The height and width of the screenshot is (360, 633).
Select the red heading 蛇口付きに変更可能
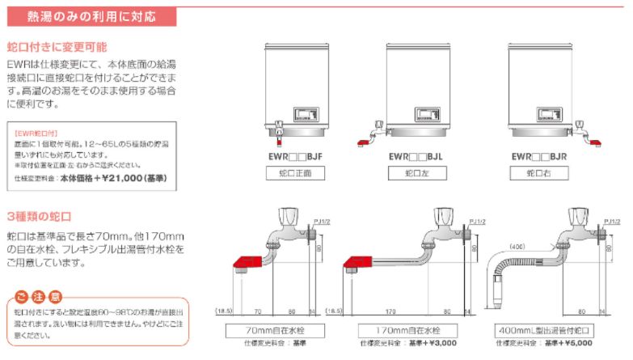(x=57, y=48)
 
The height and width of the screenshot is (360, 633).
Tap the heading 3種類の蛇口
(x=40, y=216)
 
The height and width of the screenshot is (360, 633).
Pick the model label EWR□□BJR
(x=541, y=157)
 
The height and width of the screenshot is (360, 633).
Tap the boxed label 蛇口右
(x=539, y=173)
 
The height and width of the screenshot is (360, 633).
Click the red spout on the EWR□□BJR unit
(x=595, y=143)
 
